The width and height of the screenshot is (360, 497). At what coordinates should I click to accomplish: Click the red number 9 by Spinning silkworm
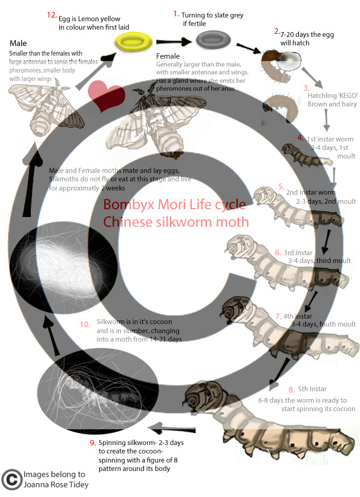point(93,443)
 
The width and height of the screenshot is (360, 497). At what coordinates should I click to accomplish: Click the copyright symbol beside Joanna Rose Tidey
point(10,479)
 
